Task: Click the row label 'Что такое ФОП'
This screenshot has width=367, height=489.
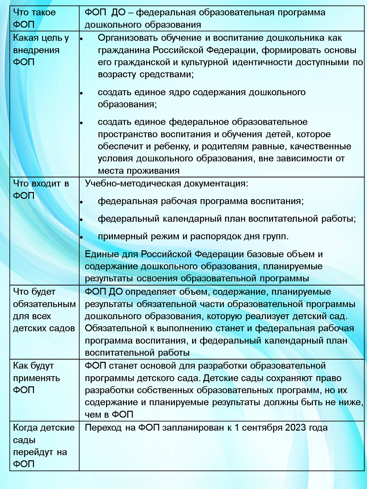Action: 34,18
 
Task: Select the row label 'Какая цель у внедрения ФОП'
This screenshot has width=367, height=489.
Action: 41,50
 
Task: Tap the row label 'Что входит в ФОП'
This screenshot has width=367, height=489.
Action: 41,190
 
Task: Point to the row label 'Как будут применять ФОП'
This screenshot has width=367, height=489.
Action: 36,378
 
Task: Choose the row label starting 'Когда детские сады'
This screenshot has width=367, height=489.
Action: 44,446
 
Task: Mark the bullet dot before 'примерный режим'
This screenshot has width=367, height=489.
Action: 82,237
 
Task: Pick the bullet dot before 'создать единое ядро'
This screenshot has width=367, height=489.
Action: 82,93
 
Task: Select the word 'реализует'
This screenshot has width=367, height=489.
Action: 267,316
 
